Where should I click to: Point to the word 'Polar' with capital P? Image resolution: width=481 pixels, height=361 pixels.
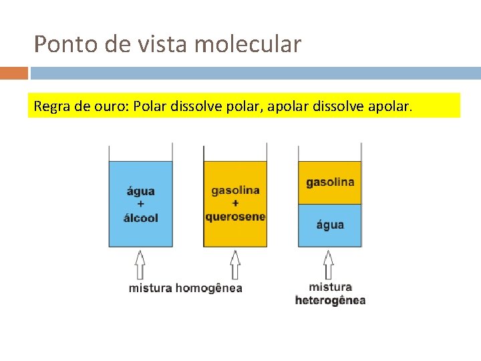150,106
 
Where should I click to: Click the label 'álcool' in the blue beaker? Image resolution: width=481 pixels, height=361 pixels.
141,218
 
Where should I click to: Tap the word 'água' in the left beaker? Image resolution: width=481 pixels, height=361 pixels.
141,192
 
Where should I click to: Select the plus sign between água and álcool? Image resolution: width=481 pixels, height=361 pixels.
141,205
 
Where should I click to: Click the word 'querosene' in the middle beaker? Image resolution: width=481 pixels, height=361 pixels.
235,217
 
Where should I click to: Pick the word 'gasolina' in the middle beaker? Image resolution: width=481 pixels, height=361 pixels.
235,191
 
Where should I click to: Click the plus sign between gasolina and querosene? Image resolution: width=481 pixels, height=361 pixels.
235,203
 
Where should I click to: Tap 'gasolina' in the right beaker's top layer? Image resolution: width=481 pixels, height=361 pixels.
330,182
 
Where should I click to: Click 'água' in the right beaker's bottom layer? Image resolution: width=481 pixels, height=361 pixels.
330,225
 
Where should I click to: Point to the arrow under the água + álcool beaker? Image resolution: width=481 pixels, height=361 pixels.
140,264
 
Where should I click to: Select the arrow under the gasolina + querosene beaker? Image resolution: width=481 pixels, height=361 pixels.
235,264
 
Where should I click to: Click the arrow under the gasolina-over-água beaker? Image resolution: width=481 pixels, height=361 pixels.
329,264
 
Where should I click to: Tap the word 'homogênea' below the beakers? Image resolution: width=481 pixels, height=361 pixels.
208,288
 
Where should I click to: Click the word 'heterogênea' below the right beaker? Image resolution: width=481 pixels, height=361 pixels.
330,300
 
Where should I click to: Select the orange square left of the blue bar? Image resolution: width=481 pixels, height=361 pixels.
14,73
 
